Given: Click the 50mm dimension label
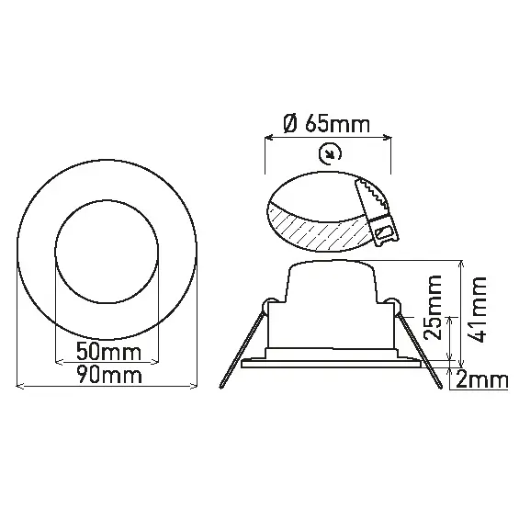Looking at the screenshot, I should (107, 352).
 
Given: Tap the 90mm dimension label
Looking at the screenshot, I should (107, 375).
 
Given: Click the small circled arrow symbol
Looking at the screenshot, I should (328, 153).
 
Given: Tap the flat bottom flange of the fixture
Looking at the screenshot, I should (331, 365).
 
